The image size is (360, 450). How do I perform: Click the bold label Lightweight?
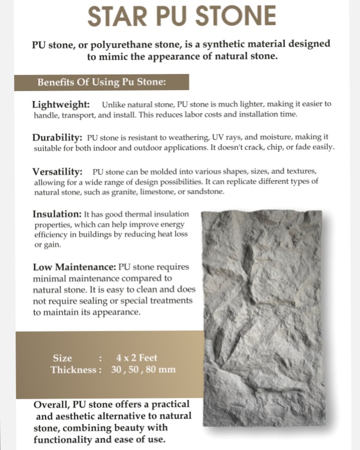pos(61,105)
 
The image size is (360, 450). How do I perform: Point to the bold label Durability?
pos(57,137)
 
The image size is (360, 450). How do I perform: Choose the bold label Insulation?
pos(57,213)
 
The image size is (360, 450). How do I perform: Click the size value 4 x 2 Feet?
pos(136,358)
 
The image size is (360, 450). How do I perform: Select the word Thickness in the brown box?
pos(73,370)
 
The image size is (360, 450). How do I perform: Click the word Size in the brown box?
pos(62,358)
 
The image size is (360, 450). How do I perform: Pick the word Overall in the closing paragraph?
pos(51,405)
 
